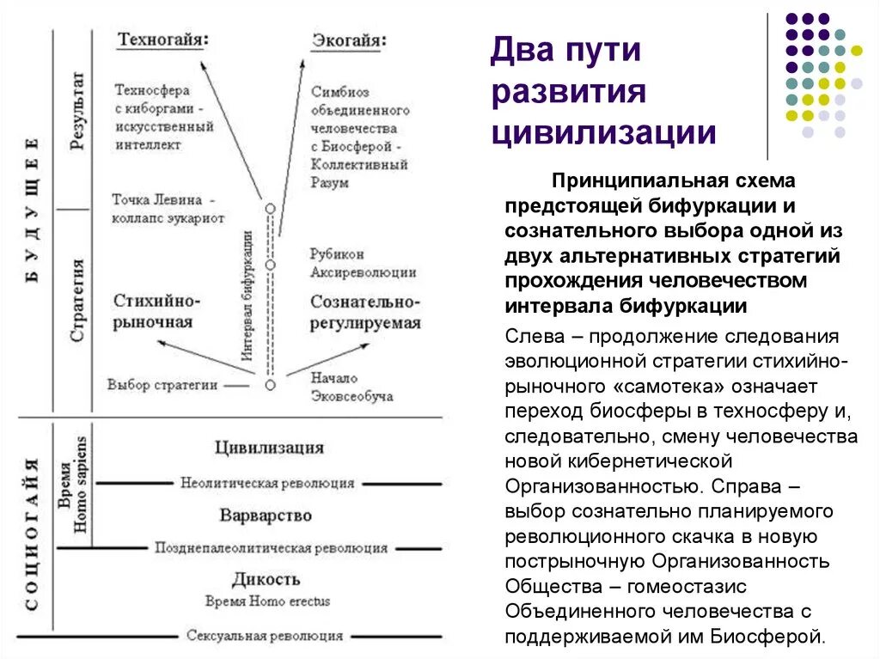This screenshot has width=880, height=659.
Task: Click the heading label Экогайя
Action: (x=347, y=40)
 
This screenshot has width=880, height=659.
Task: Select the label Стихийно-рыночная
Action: (x=156, y=311)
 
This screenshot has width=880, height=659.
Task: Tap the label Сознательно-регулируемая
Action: (x=365, y=312)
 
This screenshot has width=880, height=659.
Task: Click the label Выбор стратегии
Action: (x=162, y=384)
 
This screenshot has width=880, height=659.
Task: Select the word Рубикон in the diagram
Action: (x=337, y=254)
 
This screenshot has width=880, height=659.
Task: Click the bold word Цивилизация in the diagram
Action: (x=269, y=447)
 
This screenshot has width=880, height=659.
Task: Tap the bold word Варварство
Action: (x=266, y=516)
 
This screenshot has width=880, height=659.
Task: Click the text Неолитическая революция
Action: (x=267, y=483)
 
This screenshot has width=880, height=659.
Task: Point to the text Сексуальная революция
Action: (x=265, y=636)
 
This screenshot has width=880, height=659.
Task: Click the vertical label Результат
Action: (x=77, y=112)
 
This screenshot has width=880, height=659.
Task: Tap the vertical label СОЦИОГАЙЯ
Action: (x=32, y=534)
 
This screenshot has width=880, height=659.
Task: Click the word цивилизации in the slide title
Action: (x=603, y=133)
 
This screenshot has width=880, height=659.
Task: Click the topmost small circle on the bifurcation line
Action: (x=270, y=209)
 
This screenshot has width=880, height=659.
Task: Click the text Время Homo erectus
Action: (x=267, y=601)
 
